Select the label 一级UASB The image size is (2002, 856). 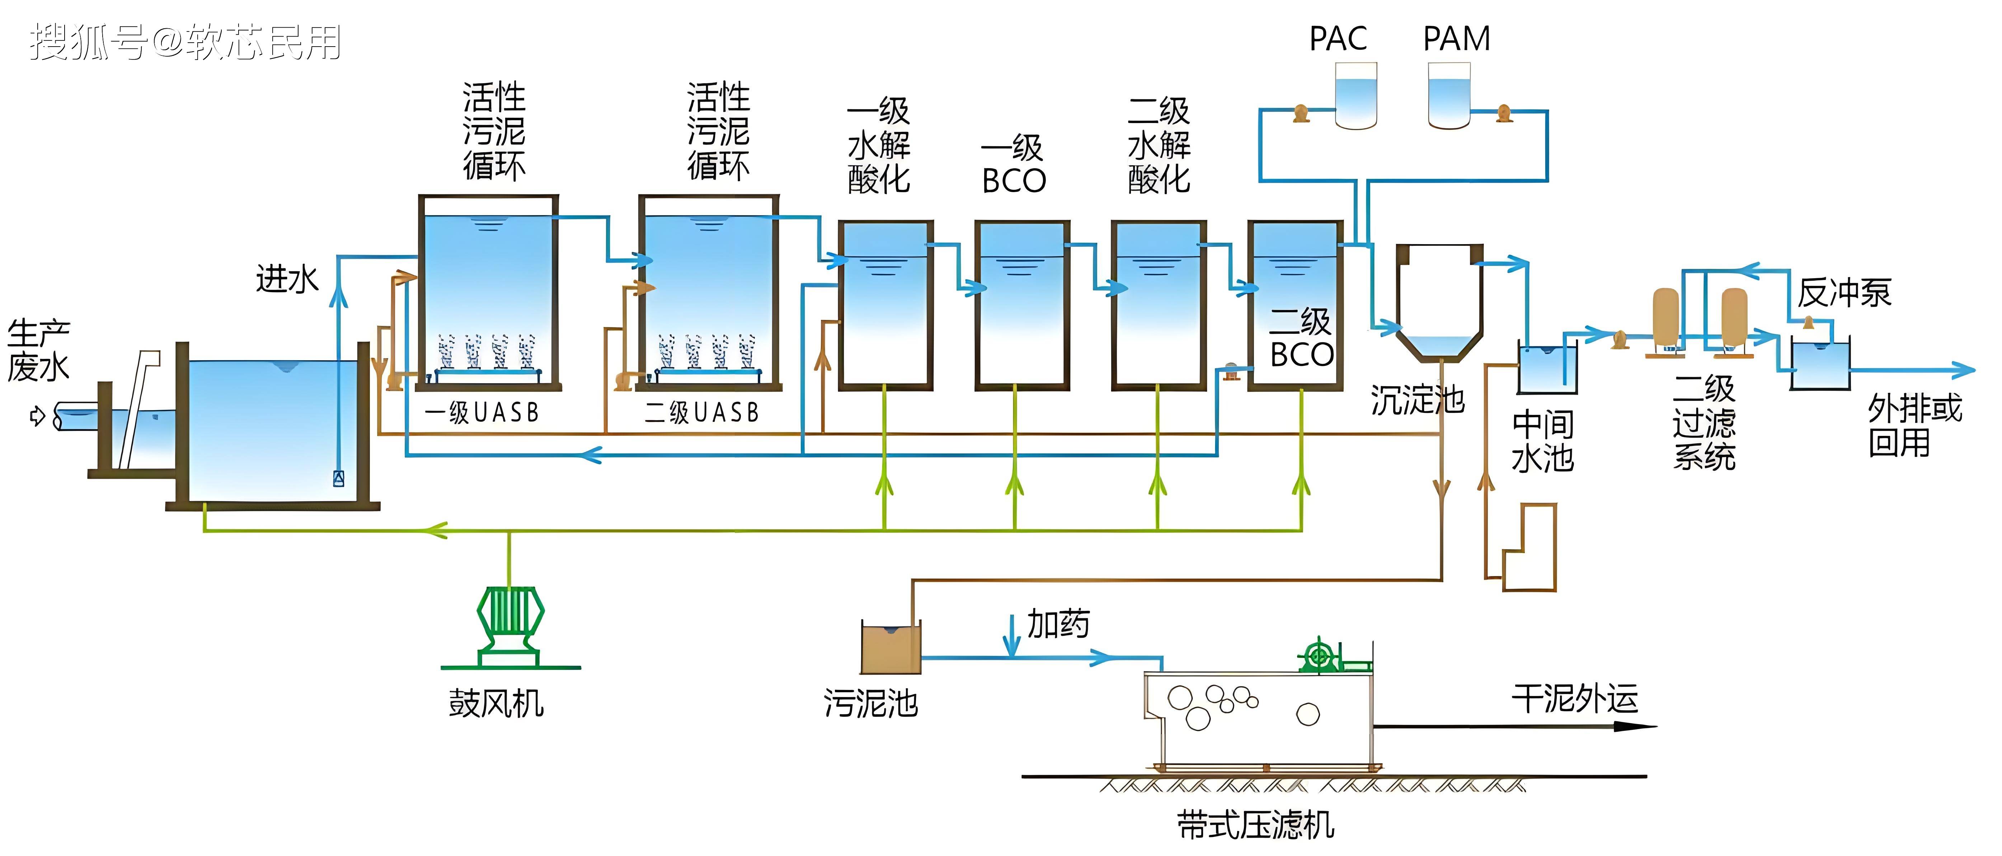click(x=482, y=413)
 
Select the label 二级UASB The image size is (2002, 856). click(x=702, y=413)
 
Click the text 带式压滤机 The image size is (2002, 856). click(x=1255, y=825)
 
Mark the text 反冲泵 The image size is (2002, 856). click(x=1843, y=293)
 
